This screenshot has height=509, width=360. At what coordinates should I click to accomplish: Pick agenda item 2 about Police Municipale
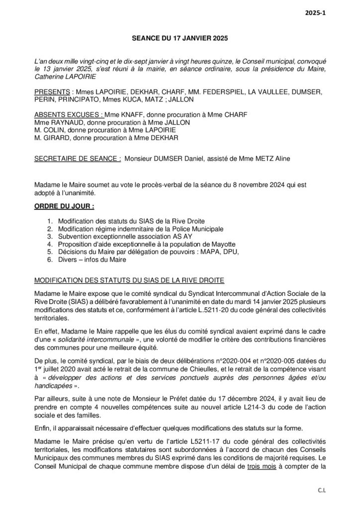(x=141, y=229)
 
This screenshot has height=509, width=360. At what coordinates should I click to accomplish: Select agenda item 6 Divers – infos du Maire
(x=92, y=259)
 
